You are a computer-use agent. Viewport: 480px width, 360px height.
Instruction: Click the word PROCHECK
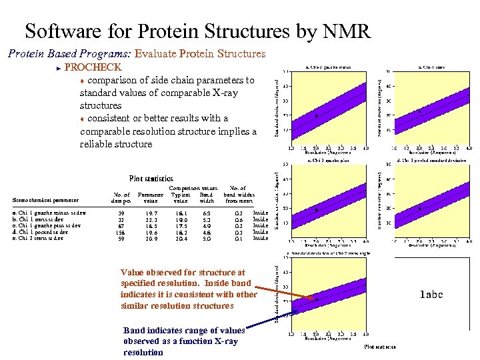pos(93,67)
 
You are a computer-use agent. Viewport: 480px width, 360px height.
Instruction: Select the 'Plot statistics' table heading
pos(151,179)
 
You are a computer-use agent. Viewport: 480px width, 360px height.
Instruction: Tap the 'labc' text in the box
pos(431,295)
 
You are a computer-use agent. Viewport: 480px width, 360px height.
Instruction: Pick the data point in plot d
pos(419,209)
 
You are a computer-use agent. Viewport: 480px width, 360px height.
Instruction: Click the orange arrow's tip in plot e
pos(314,299)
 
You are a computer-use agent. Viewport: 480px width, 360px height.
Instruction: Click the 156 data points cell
pos(120,232)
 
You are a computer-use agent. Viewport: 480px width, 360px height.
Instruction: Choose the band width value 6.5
pos(207,214)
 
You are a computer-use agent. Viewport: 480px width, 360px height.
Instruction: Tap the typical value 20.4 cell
pos(180,238)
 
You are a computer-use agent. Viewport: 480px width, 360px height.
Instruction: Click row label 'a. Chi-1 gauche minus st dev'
pos(49,213)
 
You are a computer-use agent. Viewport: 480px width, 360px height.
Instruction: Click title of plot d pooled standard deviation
pos(431,160)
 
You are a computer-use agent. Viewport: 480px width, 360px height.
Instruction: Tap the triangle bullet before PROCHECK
pos(59,68)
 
